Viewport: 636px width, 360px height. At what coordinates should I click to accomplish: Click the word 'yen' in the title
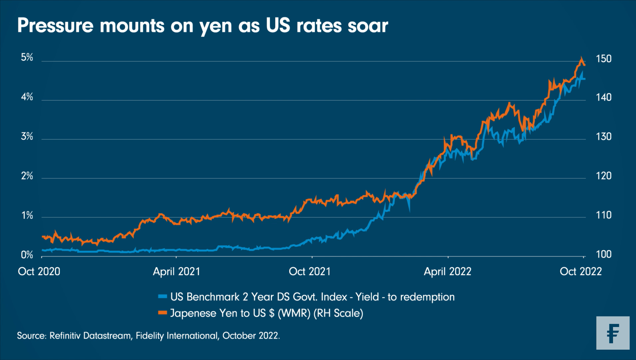[216, 26]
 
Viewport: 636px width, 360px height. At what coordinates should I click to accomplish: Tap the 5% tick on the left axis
[27, 57]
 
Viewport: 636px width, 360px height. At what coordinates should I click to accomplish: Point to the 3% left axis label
[27, 136]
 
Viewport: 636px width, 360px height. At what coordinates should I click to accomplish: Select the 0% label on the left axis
[27, 255]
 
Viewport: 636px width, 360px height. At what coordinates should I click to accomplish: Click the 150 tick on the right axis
[604, 59]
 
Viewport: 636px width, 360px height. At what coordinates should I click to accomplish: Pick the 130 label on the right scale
[604, 137]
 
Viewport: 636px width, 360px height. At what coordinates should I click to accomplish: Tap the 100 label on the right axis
[604, 254]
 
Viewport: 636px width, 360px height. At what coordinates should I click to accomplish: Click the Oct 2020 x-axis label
[39, 271]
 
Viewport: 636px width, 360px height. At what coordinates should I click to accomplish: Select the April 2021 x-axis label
[176, 271]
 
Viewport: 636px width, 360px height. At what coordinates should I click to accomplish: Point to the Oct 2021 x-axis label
[310, 271]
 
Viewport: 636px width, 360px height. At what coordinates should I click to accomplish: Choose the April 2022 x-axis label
[447, 271]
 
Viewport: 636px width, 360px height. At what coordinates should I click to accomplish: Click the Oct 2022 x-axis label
[581, 271]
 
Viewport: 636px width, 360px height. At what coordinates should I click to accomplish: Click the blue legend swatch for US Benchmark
[162, 296]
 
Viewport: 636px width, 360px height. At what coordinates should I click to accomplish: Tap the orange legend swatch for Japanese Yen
[162, 313]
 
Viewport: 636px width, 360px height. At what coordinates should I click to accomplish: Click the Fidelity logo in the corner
[613, 333]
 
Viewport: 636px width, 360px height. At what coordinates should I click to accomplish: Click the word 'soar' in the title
[368, 26]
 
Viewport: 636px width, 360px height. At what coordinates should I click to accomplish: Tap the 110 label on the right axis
[604, 215]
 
